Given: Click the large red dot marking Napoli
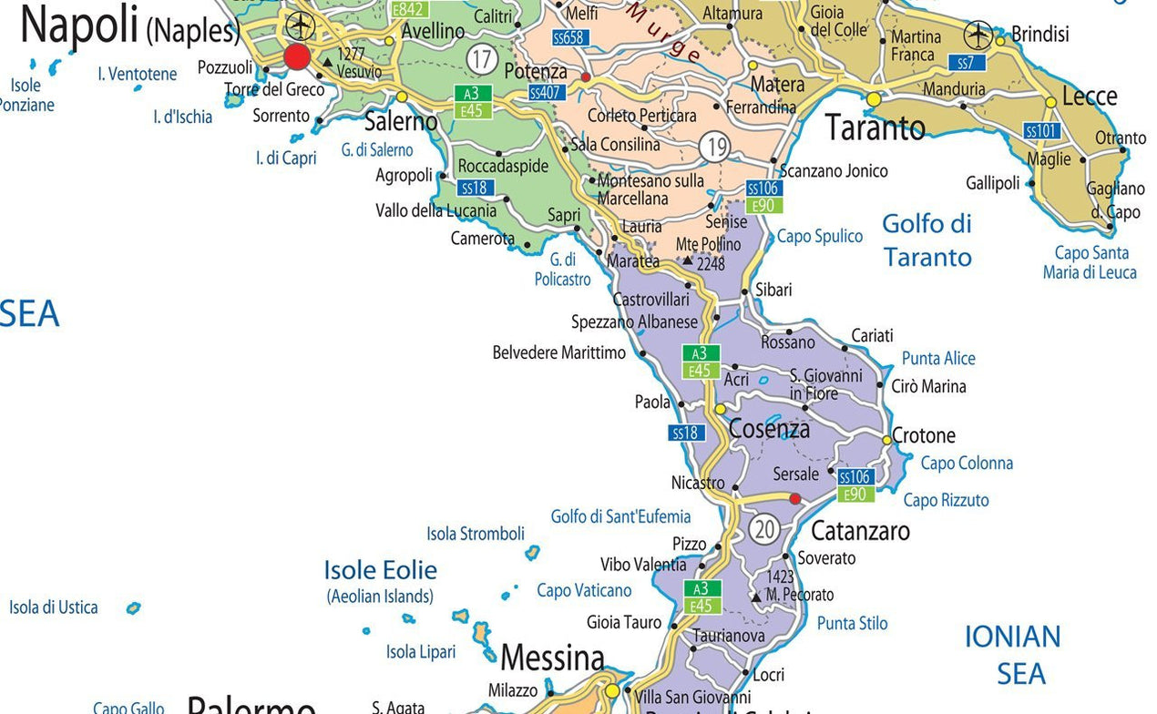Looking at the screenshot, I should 297,56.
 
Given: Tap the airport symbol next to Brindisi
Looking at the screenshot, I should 978,36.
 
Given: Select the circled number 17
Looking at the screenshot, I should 481,60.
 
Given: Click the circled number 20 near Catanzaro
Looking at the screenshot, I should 765,528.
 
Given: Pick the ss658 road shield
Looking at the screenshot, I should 570,37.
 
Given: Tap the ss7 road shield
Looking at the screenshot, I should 966,63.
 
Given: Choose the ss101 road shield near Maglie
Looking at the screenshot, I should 1041,131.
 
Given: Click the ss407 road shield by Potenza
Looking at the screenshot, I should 547,93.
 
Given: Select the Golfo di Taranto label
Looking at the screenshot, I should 927,240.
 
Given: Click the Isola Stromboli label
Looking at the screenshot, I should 476,534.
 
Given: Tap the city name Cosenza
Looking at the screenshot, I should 769,429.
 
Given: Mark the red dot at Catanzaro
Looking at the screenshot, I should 794,499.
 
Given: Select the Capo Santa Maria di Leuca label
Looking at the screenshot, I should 1090,262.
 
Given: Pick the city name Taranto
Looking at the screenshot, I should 875,128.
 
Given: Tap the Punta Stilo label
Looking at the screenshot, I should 852,624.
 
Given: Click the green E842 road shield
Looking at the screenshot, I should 409,9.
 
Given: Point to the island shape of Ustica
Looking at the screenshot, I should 133,607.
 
